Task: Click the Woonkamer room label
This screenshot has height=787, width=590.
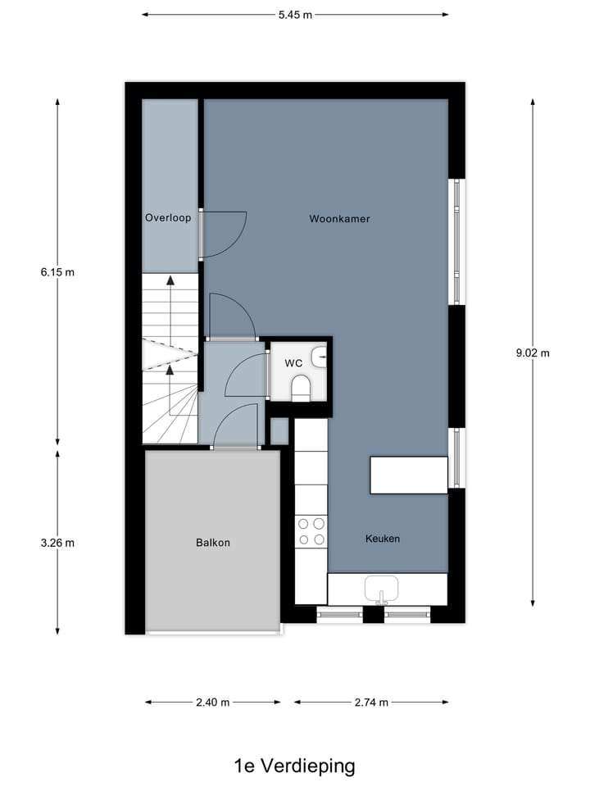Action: [x=339, y=219]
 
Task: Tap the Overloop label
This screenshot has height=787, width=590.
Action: [x=168, y=218]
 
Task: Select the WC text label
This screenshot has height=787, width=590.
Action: [x=293, y=362]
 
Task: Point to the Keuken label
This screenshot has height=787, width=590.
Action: [x=382, y=539]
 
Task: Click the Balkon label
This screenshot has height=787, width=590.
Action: [x=212, y=543]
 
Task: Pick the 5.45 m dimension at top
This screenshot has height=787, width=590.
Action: [x=295, y=14]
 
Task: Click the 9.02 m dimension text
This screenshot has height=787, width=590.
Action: [x=533, y=353]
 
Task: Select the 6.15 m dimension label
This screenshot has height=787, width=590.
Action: [x=57, y=272]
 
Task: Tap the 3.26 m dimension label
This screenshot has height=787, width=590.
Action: [x=57, y=543]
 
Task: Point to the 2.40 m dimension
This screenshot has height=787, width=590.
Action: [x=213, y=703]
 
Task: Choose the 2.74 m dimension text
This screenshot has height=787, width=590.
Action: [x=371, y=703]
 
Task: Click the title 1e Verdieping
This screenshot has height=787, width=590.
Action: [x=295, y=767]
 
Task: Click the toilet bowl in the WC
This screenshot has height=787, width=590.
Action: [x=301, y=387]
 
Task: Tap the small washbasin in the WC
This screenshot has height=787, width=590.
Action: [x=320, y=356]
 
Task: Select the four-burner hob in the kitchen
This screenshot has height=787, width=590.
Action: [x=311, y=530]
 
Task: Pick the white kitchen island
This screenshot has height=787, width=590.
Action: [x=409, y=475]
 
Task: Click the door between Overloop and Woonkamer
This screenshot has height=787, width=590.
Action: [x=223, y=234]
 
